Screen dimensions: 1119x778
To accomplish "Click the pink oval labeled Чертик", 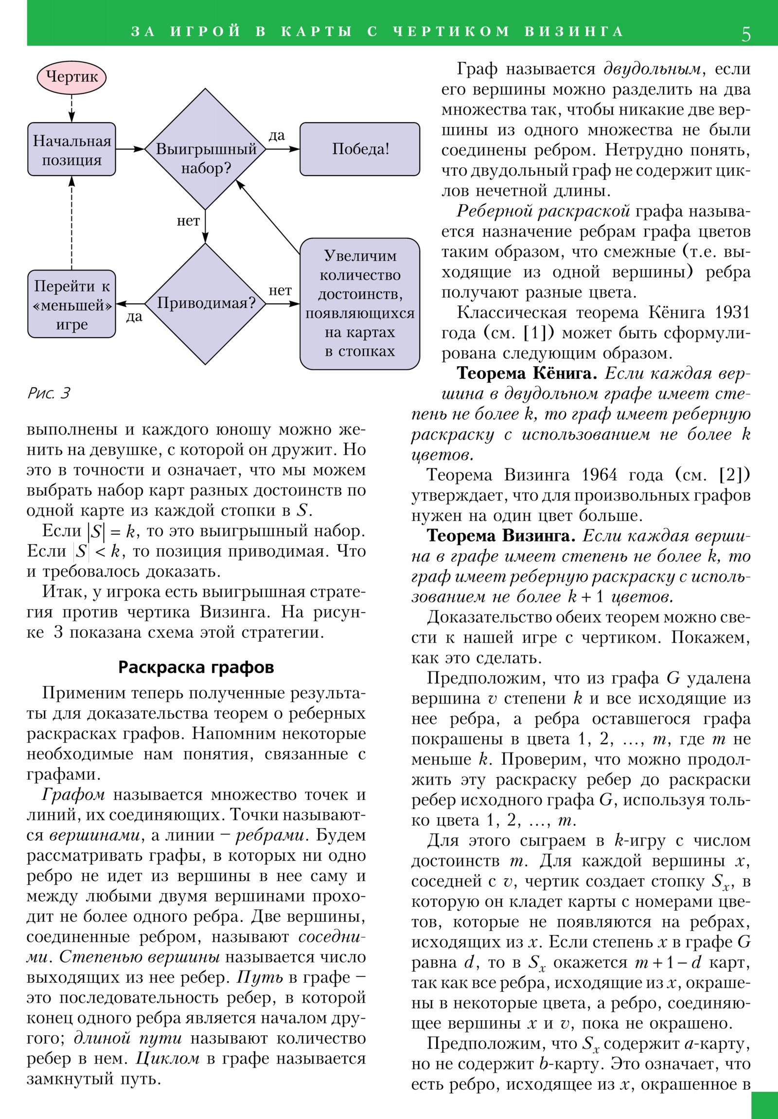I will point(71,77).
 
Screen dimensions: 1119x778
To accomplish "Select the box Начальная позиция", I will point(71,149).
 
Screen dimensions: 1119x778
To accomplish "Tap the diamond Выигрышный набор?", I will point(205,149).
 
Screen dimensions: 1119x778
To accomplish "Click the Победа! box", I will point(359,149).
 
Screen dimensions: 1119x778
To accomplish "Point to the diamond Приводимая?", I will point(205,304).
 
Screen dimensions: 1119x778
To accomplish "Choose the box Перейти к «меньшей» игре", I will point(71,304).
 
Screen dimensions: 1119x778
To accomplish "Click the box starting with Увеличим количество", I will point(359,304).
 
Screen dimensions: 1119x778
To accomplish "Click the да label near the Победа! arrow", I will point(277,135).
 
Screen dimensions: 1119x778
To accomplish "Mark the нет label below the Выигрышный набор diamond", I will point(188,221).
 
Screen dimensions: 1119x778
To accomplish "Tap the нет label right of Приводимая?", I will point(280,290).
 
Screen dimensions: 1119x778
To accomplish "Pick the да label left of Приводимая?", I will point(134,317).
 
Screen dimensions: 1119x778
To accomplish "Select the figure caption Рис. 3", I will point(49,393).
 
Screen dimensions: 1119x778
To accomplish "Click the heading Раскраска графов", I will point(196,667).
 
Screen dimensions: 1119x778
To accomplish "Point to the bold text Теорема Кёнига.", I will point(527,373).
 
